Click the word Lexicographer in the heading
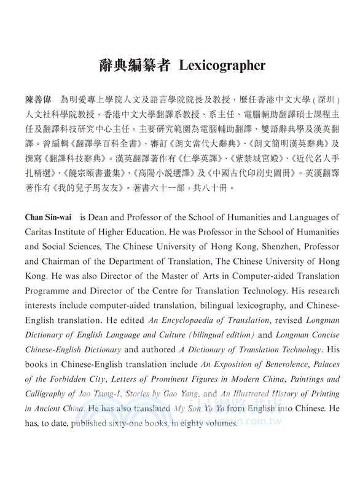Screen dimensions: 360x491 pos(222,65)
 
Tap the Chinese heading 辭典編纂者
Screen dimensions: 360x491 pos(128,65)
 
